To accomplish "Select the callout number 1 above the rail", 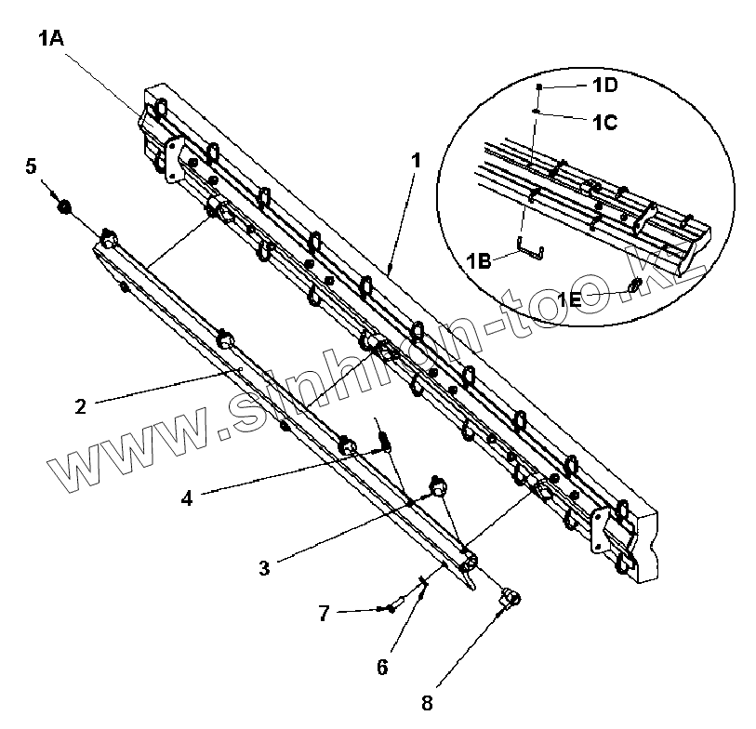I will point(416,160).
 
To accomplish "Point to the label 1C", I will point(605,122).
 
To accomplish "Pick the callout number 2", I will point(81,405).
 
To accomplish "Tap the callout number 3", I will point(265,566).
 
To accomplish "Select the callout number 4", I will point(187,497).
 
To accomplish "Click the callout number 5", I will point(31,166).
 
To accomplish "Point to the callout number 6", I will point(382,667).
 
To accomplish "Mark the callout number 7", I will point(324,613).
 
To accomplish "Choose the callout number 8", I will point(428,703).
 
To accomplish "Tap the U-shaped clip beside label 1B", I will point(529,248).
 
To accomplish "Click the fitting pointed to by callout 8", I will point(511,598).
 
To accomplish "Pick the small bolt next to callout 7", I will point(391,608).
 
